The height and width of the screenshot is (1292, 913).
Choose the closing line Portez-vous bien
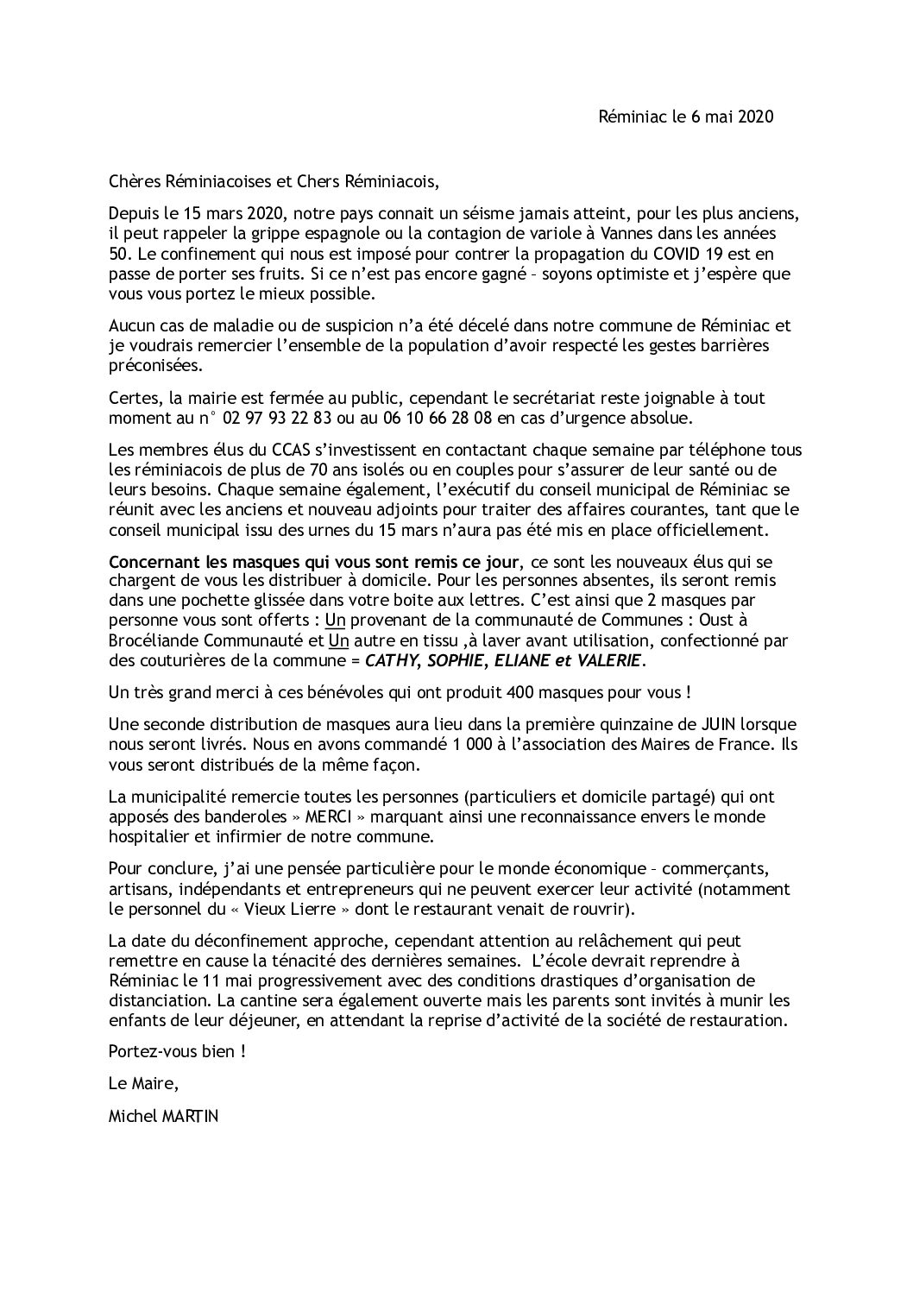click(x=173, y=1052)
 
